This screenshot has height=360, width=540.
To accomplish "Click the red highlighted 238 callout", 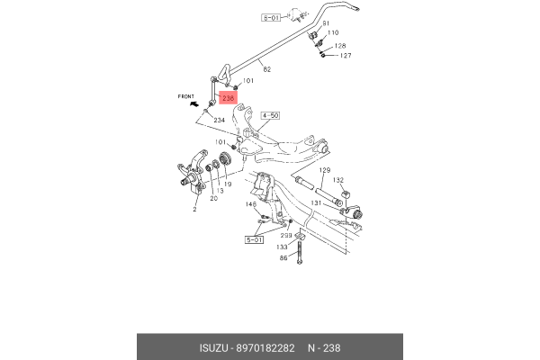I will coord(229,98).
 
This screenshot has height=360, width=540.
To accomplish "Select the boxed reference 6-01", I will coord(271,17).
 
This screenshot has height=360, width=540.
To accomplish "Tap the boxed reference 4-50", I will coord(271,116).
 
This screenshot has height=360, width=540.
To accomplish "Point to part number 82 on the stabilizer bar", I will coord(266,68).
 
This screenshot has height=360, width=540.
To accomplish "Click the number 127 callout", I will coord(346,56).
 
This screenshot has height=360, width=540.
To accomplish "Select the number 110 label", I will coord(332,32).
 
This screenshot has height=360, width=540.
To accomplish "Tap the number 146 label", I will coord(252,204).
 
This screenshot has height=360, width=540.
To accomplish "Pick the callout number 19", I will coord(229,184).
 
